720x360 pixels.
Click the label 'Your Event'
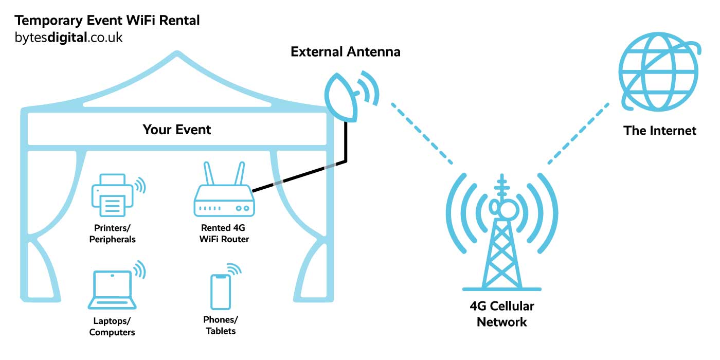(177, 129)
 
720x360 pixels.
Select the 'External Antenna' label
(345, 52)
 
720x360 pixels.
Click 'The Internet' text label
(660, 131)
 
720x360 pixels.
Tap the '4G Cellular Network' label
(502, 314)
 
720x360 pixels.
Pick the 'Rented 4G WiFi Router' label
(224, 233)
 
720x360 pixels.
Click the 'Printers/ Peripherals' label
(113, 233)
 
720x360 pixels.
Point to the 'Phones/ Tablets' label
(221, 325)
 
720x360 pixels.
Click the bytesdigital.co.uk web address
(69, 38)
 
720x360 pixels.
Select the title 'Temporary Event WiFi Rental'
(107, 21)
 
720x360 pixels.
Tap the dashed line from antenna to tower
(422, 133)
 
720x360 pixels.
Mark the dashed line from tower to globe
(579, 133)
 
